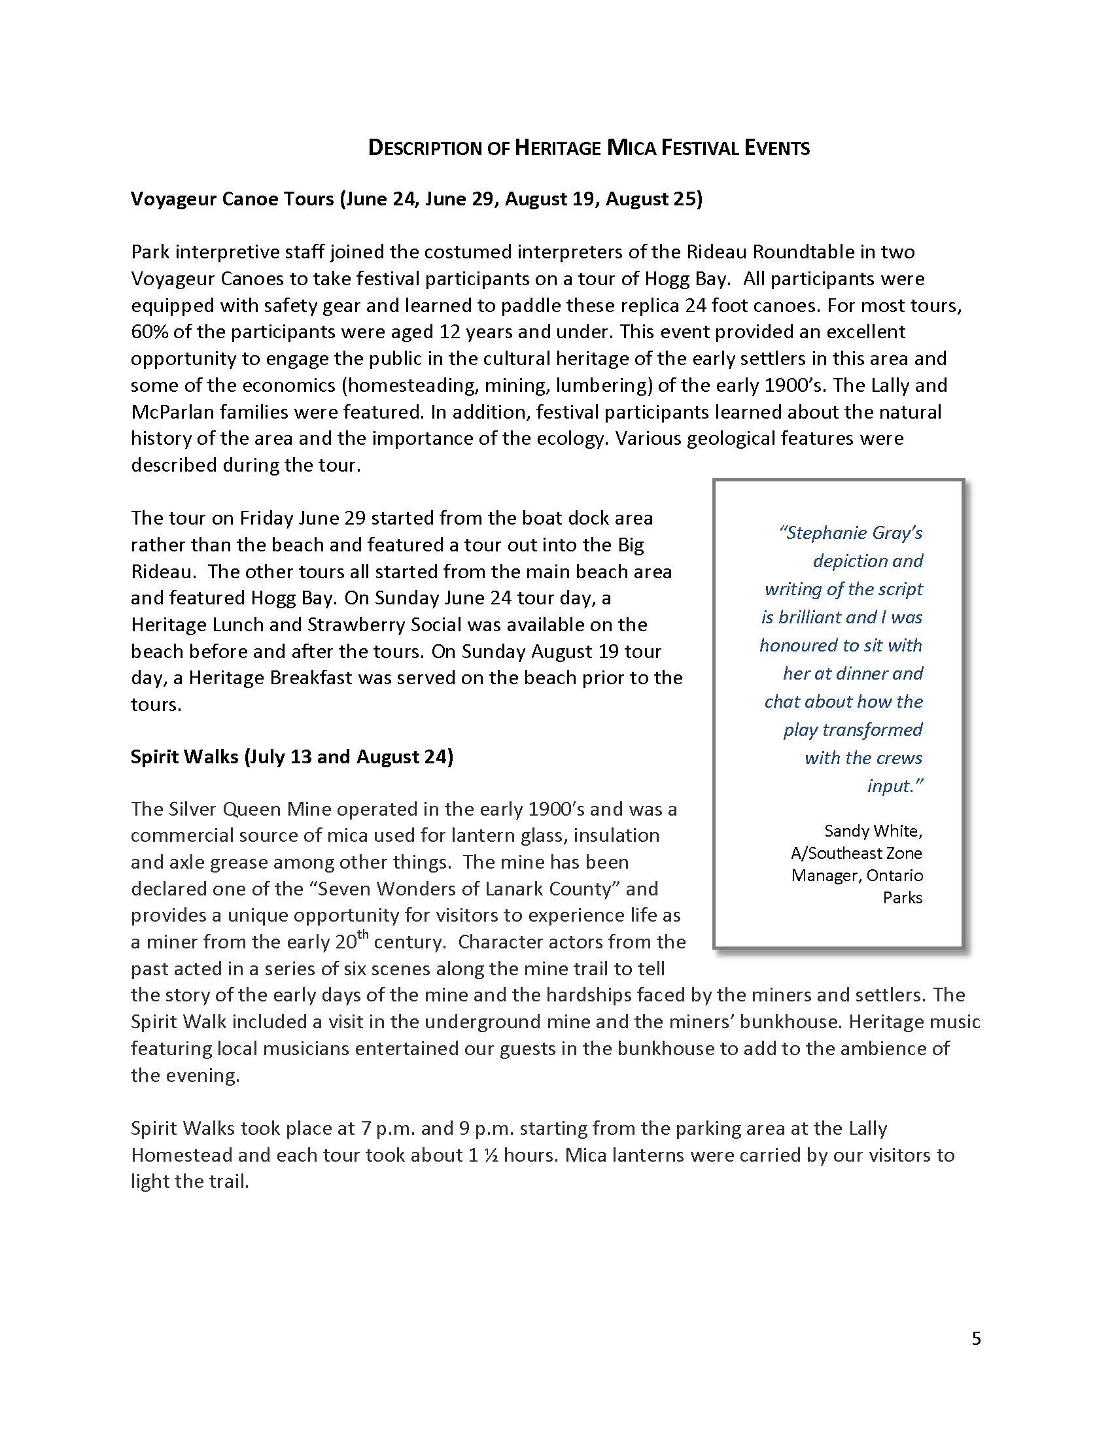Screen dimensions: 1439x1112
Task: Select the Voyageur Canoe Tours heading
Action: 416,199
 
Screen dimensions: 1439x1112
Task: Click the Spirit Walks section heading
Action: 292,757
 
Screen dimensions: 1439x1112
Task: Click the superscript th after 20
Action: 363,934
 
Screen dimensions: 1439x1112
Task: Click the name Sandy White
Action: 873,831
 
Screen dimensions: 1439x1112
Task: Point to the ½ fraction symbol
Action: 488,1155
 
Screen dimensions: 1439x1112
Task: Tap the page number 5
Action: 977,1338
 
